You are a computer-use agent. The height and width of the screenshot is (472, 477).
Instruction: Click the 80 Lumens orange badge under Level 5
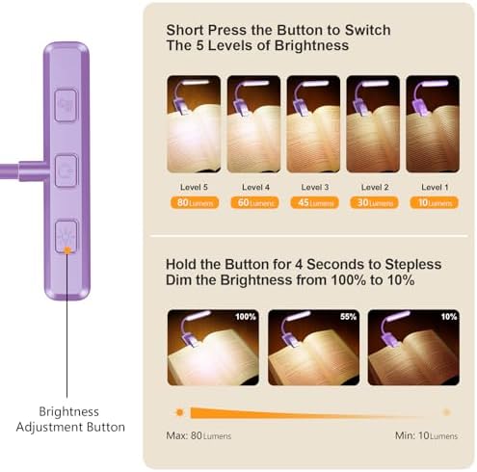pos(195,202)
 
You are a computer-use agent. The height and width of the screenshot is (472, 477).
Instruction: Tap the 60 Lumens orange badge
pos(254,202)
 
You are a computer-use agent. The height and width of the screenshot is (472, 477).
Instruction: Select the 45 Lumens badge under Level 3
pos(314,202)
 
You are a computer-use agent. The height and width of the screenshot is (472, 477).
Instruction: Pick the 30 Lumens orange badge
pos(374,202)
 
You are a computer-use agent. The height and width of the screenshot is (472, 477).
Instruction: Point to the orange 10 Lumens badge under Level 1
pos(434,202)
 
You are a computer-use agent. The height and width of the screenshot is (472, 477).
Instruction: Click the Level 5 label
pos(194,187)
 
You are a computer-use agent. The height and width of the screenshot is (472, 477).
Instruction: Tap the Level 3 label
pos(315,187)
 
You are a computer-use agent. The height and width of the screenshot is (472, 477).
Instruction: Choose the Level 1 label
pos(435,187)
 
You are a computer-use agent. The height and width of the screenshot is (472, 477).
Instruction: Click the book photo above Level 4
pos(253,124)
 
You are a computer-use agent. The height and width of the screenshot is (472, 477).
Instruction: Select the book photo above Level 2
pos(373,124)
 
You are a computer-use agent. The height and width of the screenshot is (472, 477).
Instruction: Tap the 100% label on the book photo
pos(246,317)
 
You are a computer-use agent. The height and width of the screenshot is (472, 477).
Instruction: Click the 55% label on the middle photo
pos(349,317)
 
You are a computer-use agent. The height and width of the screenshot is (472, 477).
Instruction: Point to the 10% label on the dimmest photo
pos(449,317)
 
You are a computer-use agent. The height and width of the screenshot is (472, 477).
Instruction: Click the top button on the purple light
pos(66,105)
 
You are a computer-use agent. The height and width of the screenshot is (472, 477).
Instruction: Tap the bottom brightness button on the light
pos(66,237)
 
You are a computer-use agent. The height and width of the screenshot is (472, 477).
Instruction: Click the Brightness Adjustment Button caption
pos(70,419)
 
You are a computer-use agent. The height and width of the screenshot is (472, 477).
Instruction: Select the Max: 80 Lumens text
pos(199,435)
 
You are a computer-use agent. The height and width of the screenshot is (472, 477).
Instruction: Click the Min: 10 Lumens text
pos(426,435)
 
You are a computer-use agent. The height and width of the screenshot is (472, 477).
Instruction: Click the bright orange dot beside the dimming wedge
pos(179,412)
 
